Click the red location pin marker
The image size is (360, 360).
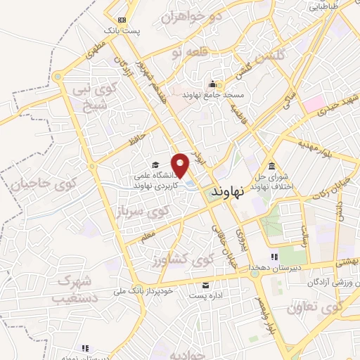point(181,165)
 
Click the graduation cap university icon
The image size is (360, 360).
point(155,165)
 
